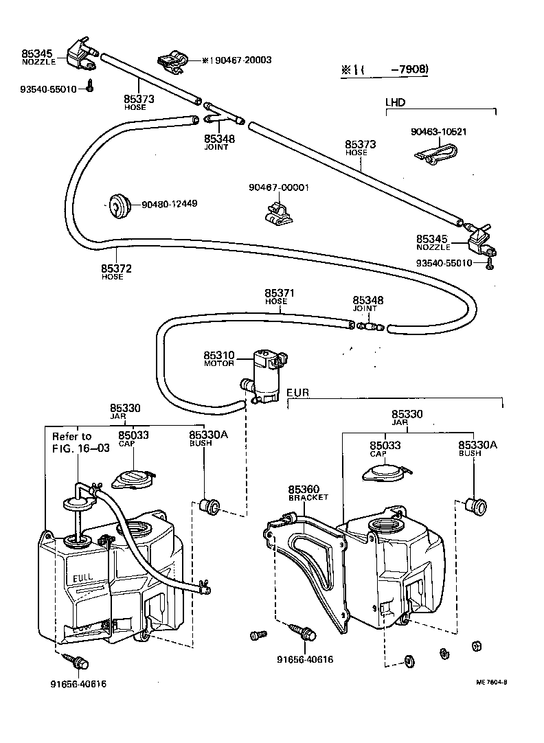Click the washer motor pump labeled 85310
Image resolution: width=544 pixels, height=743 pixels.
tap(267, 376)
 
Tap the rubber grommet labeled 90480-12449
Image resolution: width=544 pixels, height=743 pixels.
tap(121, 205)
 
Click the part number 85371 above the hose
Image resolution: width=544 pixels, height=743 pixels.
tap(280, 293)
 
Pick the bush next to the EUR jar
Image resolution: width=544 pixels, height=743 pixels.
tap(475, 505)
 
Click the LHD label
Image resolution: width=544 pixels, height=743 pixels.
tap(395, 102)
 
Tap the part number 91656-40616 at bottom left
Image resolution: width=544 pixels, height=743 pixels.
tap(78, 684)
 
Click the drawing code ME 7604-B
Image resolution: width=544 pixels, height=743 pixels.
tap(491, 683)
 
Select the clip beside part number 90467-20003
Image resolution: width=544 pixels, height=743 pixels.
tap(173, 61)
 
